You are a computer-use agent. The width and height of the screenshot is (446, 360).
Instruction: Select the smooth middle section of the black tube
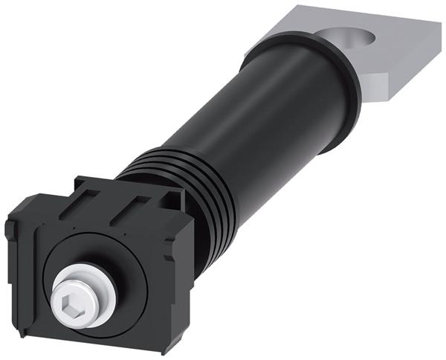click(x=253, y=126)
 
